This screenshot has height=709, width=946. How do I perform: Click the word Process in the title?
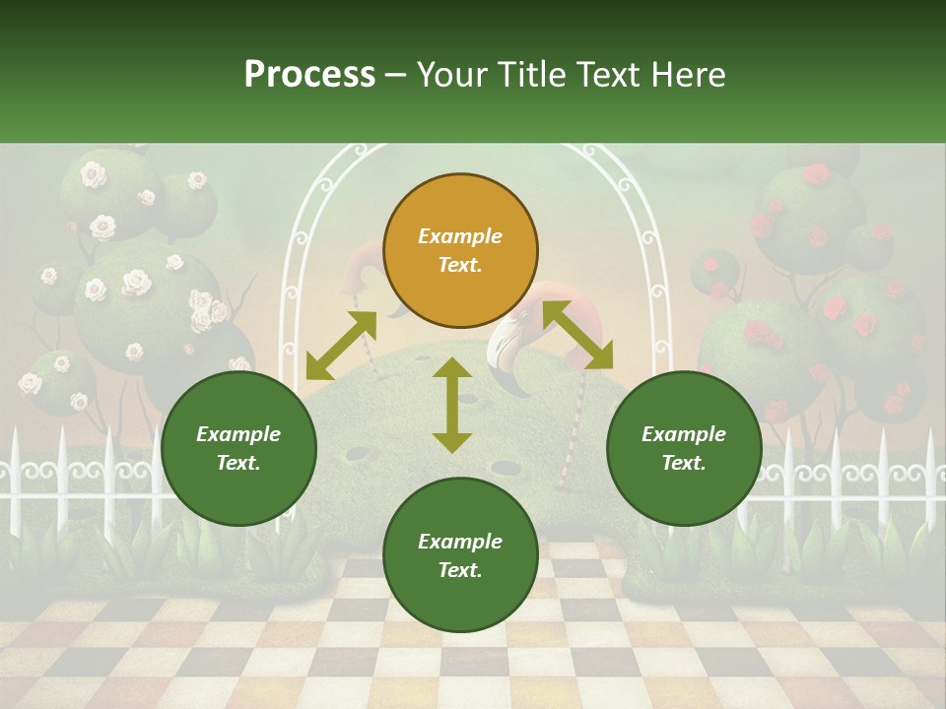(309, 75)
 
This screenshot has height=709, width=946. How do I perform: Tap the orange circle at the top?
(460, 250)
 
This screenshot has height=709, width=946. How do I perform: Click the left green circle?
(238, 448)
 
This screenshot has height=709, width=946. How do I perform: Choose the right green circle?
(684, 448)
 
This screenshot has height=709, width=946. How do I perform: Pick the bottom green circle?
(460, 555)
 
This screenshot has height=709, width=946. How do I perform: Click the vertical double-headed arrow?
(452, 405)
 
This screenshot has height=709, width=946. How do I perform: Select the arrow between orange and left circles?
(340, 346)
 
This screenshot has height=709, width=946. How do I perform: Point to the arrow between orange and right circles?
(577, 336)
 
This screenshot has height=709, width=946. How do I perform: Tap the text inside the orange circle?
(460, 250)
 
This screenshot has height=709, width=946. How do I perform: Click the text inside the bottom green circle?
(460, 555)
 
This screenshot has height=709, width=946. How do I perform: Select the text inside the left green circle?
(238, 448)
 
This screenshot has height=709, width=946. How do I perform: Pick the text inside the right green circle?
(684, 448)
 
